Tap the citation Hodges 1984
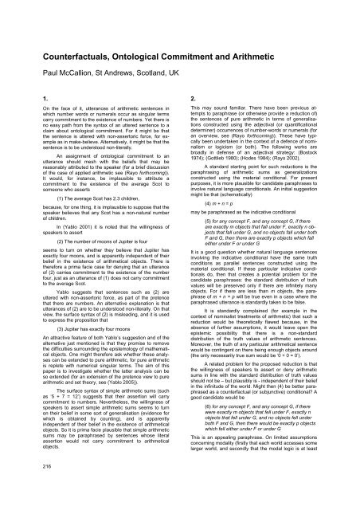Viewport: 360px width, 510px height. coord(259,158)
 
